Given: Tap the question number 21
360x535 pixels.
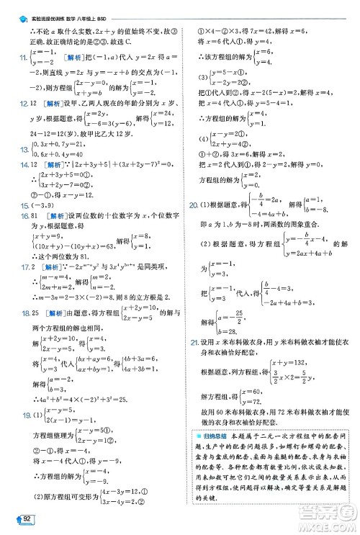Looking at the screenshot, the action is (193, 341).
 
